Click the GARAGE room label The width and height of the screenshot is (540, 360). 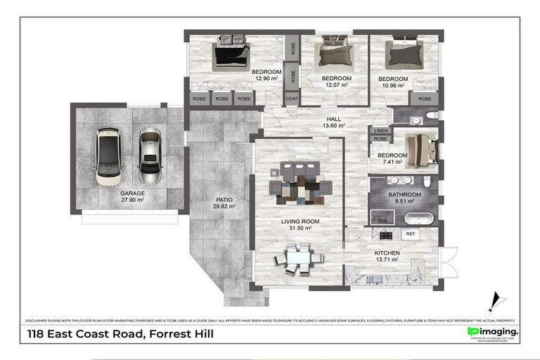pos(131,193)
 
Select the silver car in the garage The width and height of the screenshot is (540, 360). pos(150,155)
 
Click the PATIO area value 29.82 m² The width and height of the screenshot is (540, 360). pos(224,207)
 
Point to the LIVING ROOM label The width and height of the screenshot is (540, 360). pos(300,221)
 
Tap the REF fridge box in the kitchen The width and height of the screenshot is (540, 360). pos(410,234)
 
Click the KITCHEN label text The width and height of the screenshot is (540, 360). pos(387,253)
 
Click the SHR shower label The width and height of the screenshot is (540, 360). pos(382,221)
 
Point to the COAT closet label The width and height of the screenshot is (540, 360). pos(292,99)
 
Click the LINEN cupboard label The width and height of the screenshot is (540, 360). pos(380,131)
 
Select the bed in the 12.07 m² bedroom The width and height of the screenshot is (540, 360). pos(334,53)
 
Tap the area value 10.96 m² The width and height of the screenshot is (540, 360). pos(392,86)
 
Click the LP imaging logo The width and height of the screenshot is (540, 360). pos(493,332)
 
